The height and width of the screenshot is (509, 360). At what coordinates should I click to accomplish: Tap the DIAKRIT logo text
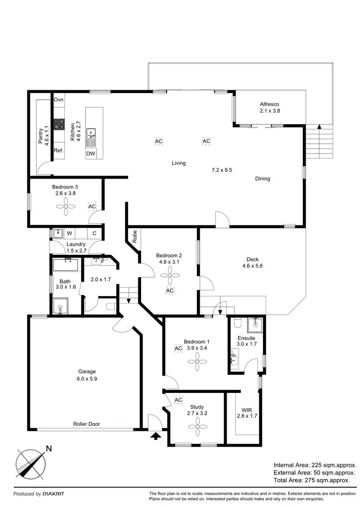point(53,494)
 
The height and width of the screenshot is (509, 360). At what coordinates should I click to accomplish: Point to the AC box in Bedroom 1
point(179,348)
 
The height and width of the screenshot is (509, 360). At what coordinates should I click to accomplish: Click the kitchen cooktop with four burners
point(59,125)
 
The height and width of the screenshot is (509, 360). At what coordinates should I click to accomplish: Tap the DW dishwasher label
point(90,154)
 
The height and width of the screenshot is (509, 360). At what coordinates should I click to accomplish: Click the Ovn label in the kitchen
point(59,100)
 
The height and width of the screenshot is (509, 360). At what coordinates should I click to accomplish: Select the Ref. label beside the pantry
point(59,151)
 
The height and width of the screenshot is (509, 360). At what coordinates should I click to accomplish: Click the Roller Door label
point(86,424)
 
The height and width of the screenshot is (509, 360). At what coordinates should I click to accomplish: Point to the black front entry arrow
point(156,436)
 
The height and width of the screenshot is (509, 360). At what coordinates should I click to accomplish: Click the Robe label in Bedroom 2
point(135,237)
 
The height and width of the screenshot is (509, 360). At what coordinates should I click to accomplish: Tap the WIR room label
point(247,409)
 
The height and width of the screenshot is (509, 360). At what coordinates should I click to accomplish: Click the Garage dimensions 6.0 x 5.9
point(87,379)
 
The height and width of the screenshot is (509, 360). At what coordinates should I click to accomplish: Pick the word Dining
point(263,179)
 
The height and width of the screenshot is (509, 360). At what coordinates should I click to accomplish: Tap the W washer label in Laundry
point(69,234)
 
